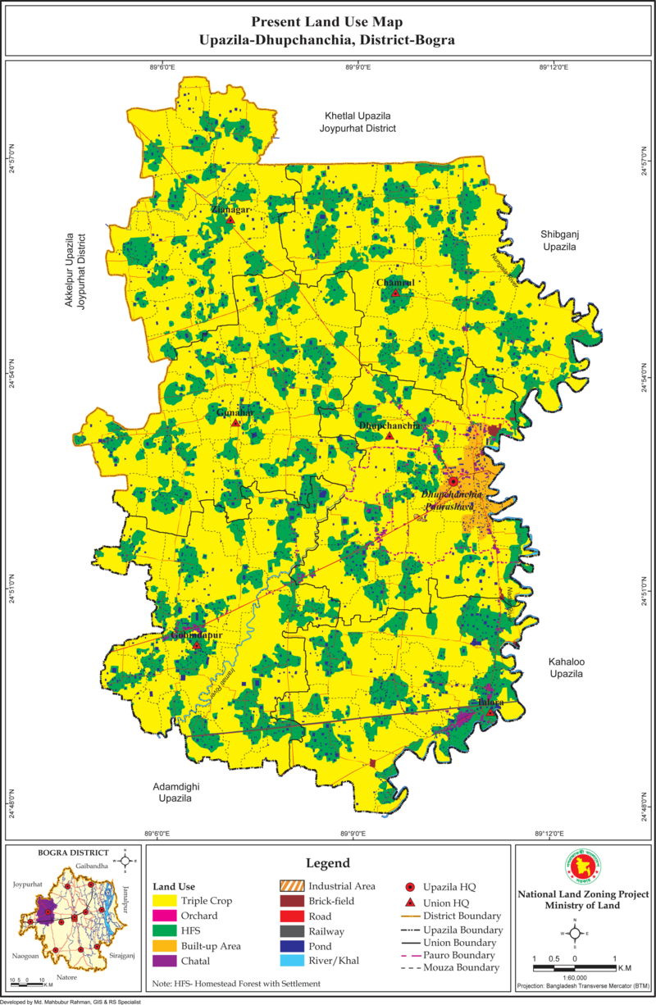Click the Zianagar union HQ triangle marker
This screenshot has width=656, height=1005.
pyautogui.click(x=231, y=220)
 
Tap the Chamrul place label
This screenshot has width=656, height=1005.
pyautogui.click(x=395, y=283)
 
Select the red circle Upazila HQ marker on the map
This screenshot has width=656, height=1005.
pyautogui.click(x=453, y=481)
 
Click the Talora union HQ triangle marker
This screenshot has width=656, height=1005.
pyautogui.click(x=490, y=712)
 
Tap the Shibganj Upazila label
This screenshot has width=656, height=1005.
pyautogui.click(x=559, y=240)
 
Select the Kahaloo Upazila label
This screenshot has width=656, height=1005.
pyautogui.click(x=565, y=666)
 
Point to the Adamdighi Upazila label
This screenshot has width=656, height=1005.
pyautogui.click(x=175, y=791)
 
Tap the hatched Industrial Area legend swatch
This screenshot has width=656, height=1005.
pyautogui.click(x=291, y=886)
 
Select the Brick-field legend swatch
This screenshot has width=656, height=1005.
pyautogui.click(x=291, y=901)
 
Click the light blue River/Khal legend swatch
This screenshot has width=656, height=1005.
pyautogui.click(x=291, y=961)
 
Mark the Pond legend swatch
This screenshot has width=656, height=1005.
pyautogui.click(x=291, y=946)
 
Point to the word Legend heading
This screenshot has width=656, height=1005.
pyautogui.click(x=328, y=863)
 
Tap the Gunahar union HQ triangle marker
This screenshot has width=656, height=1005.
pyautogui.click(x=235, y=422)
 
